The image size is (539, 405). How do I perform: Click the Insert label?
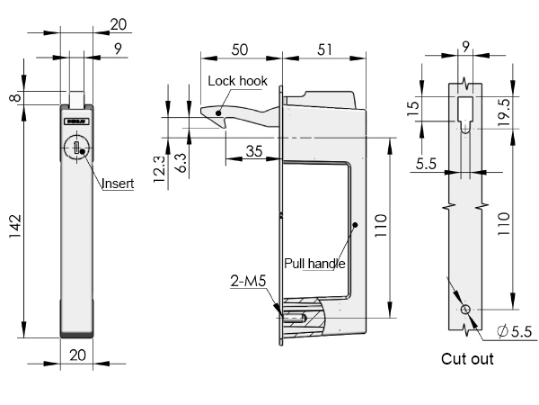[118, 184]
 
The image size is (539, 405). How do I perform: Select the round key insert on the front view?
[77, 147]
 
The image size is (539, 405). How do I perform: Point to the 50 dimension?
[240, 49]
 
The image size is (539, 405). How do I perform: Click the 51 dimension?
[326, 49]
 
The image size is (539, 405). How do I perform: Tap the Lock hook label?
[238, 81]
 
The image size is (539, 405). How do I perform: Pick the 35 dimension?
[253, 152]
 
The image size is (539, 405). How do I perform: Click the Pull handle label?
[315, 264]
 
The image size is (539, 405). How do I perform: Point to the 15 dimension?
[412, 112]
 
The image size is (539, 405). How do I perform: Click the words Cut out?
[467, 359]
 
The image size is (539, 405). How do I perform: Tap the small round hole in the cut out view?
[465, 310]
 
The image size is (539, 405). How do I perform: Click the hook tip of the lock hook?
[205, 113]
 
